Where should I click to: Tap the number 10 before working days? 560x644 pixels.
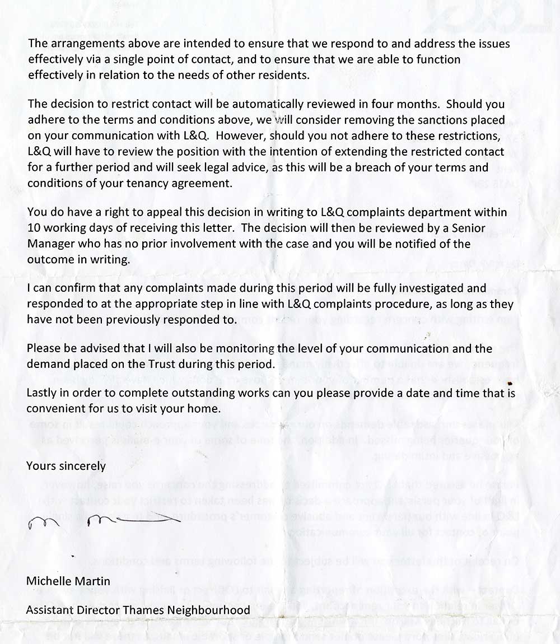33,228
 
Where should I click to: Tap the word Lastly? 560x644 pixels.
42,393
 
